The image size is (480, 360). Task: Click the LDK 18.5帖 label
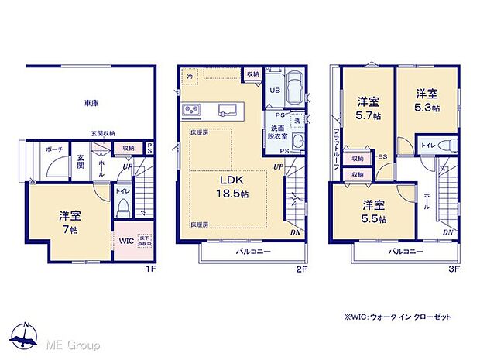[x=231, y=187]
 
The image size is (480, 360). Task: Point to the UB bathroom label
[x=274, y=90]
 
